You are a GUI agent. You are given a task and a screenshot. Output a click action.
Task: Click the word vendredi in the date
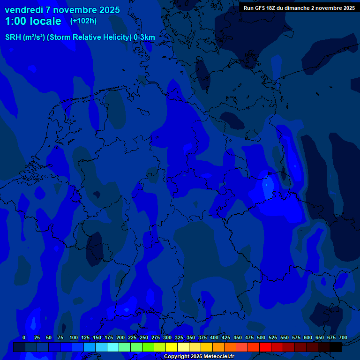(x=24, y=10)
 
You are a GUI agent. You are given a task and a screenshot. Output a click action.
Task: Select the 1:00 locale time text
(x=33, y=21)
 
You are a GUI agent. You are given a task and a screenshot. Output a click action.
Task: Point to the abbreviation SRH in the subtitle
(x=13, y=37)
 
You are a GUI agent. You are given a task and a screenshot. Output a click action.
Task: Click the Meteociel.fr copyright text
(x=199, y=357)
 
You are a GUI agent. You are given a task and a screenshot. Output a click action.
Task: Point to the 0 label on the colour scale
(x=24, y=337)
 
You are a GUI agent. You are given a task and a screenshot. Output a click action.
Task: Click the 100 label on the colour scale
(x=74, y=337)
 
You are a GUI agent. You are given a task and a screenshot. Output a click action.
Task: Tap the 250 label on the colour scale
(x=144, y=337)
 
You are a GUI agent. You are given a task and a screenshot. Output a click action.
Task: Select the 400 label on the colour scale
(x=214, y=337)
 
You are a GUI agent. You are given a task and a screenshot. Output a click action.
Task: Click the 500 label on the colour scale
(x=261, y=337)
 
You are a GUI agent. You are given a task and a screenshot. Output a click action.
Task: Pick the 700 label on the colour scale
(x=343, y=337)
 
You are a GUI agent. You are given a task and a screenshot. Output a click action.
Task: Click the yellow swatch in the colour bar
(x=172, y=347)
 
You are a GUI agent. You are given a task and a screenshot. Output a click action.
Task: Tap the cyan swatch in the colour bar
(x=113, y=347)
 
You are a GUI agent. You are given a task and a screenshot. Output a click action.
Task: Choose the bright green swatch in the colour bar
(x=148, y=347)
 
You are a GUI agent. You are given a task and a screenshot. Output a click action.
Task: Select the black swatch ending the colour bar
(x=336, y=347)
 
